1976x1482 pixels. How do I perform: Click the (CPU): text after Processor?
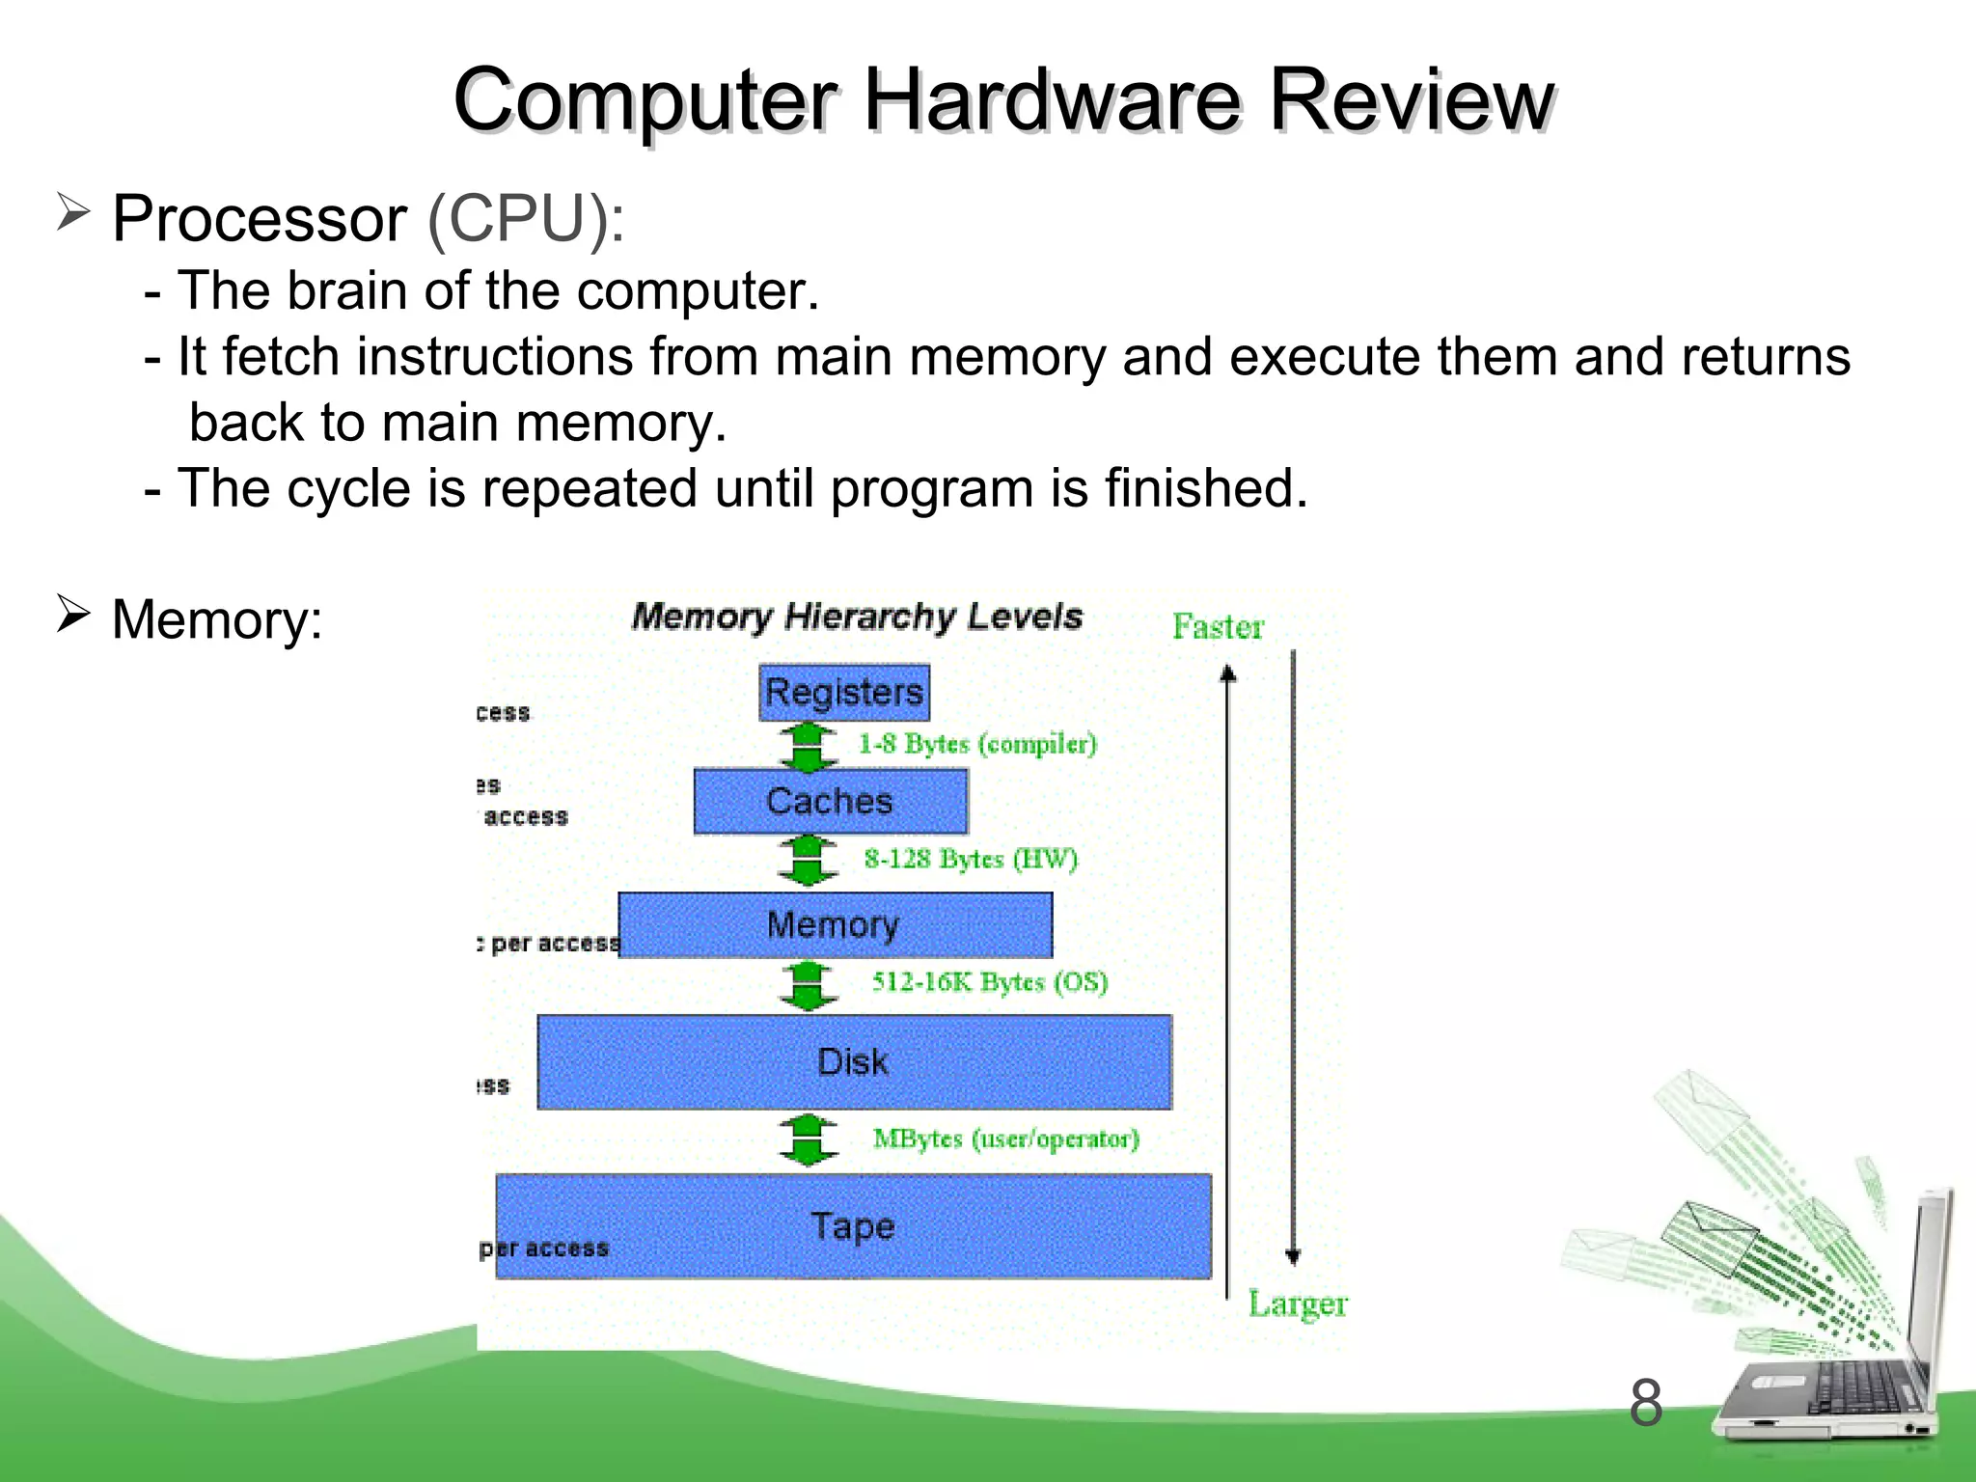(526, 219)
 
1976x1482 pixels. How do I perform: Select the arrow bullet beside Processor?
(73, 211)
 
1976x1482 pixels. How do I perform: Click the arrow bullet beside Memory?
(73, 613)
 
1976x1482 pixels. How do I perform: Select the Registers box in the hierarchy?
(844, 692)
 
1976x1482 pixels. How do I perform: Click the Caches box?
(830, 801)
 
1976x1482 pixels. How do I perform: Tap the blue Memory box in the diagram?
(835, 924)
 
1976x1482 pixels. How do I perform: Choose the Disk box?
(854, 1061)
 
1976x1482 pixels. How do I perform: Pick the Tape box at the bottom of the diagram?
(853, 1226)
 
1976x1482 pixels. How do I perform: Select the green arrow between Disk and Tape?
(808, 1139)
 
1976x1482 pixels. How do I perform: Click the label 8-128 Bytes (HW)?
(971, 858)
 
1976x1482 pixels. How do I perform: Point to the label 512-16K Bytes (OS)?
(990, 981)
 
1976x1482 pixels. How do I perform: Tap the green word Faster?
(1218, 627)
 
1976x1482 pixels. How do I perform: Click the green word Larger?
(1298, 1304)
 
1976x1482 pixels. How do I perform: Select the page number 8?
(1646, 1403)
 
